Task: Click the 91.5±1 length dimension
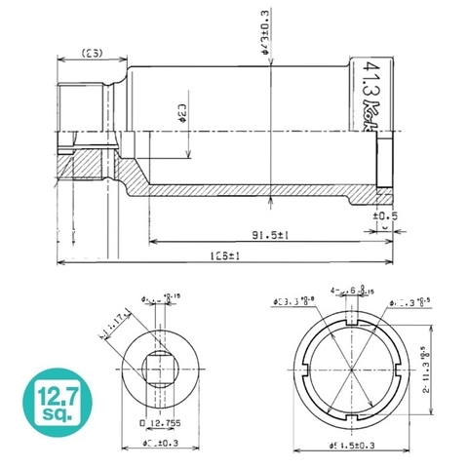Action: pos(249,235)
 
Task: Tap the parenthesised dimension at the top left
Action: pos(93,52)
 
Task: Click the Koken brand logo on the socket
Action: pos(373,109)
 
